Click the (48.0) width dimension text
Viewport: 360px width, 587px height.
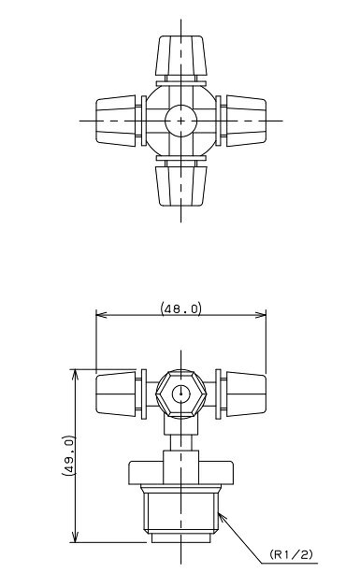(x=181, y=308)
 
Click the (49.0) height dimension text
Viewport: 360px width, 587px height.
(x=68, y=455)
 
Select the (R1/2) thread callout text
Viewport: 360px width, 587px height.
(x=291, y=554)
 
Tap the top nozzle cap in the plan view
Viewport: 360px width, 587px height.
(x=181, y=55)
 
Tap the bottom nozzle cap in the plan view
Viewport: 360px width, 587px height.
(x=181, y=186)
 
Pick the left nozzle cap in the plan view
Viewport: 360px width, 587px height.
(x=116, y=121)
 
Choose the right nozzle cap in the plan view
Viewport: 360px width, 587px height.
(x=246, y=121)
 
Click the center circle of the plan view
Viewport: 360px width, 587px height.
(x=181, y=121)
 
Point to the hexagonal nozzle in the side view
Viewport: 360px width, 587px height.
(x=181, y=394)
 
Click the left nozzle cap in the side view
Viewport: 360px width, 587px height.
(x=116, y=394)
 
